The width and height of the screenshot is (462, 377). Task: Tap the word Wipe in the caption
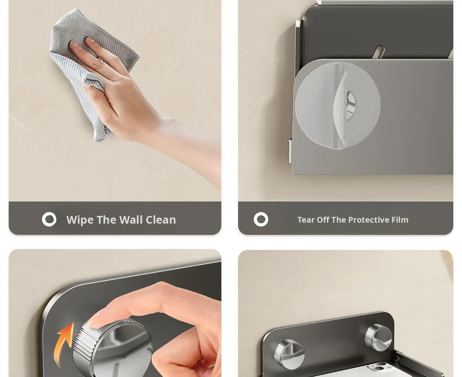[x=80, y=220]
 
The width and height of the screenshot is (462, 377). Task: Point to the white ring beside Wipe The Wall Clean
[x=49, y=219]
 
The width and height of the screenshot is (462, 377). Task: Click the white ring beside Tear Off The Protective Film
[x=261, y=219]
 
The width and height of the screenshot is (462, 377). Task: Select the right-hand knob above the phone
[x=378, y=337]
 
